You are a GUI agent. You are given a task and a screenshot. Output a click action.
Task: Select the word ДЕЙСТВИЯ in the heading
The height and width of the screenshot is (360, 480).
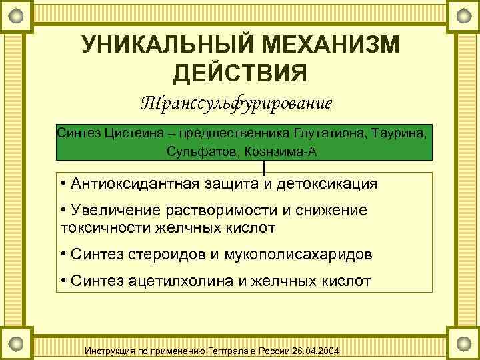[x=240, y=72]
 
